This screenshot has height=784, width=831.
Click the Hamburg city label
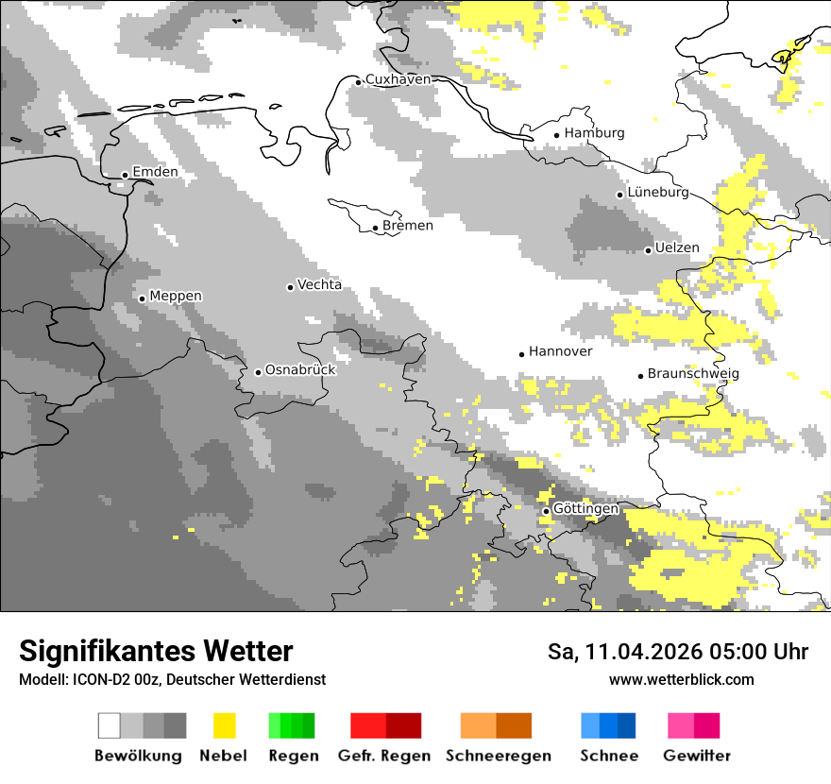tap(594, 133)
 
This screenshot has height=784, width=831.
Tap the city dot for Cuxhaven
tap(358, 82)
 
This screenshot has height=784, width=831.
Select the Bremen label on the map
tap(408, 226)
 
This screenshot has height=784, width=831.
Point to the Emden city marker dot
tap(125, 175)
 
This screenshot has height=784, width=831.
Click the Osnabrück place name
tap(300, 370)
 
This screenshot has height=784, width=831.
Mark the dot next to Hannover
tap(521, 354)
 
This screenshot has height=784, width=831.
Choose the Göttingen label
tap(585, 509)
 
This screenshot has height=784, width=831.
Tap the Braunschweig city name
tap(693, 374)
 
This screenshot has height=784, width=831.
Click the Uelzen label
tap(677, 248)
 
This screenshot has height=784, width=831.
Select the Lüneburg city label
tap(658, 193)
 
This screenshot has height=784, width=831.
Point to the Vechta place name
tap(319, 285)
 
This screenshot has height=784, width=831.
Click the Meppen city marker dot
tap(142, 298)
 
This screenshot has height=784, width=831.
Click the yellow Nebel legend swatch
tap(225, 725)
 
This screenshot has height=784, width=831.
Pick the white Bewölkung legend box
tap(110, 725)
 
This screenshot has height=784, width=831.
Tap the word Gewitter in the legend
tap(696, 756)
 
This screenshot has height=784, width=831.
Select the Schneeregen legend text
tap(498, 756)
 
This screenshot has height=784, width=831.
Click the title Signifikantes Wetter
tap(156, 652)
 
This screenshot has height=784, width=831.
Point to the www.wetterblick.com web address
tap(681, 680)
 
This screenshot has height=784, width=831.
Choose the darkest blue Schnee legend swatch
tap(627, 725)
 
